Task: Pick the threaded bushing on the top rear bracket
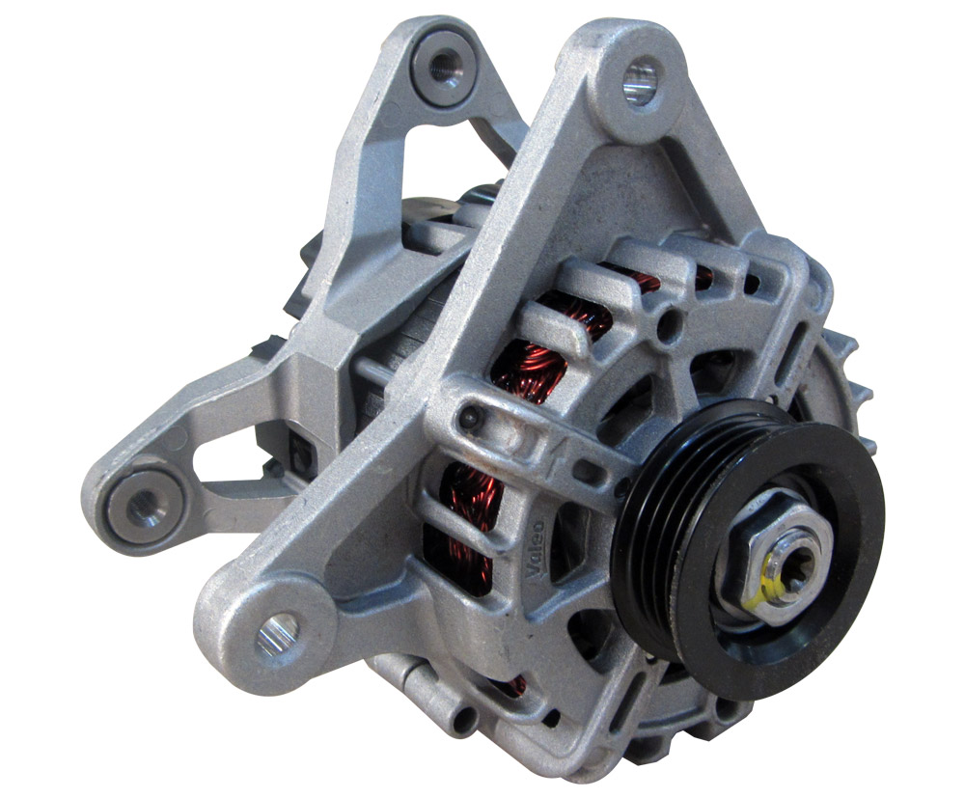(x=444, y=63)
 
